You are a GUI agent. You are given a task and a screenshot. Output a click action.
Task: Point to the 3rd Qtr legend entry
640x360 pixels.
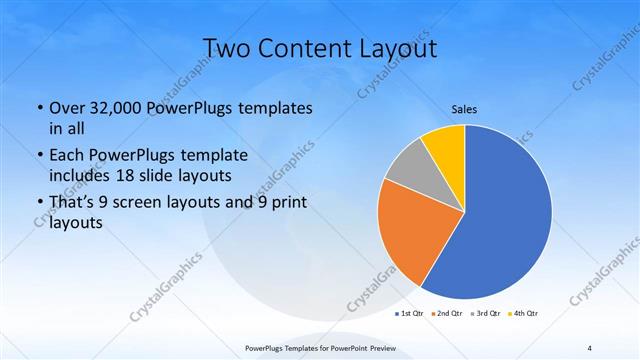point(487,314)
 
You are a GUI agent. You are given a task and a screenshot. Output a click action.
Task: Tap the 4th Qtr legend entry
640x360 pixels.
point(525,314)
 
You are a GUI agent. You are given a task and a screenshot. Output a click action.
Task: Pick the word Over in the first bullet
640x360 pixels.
point(66,107)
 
